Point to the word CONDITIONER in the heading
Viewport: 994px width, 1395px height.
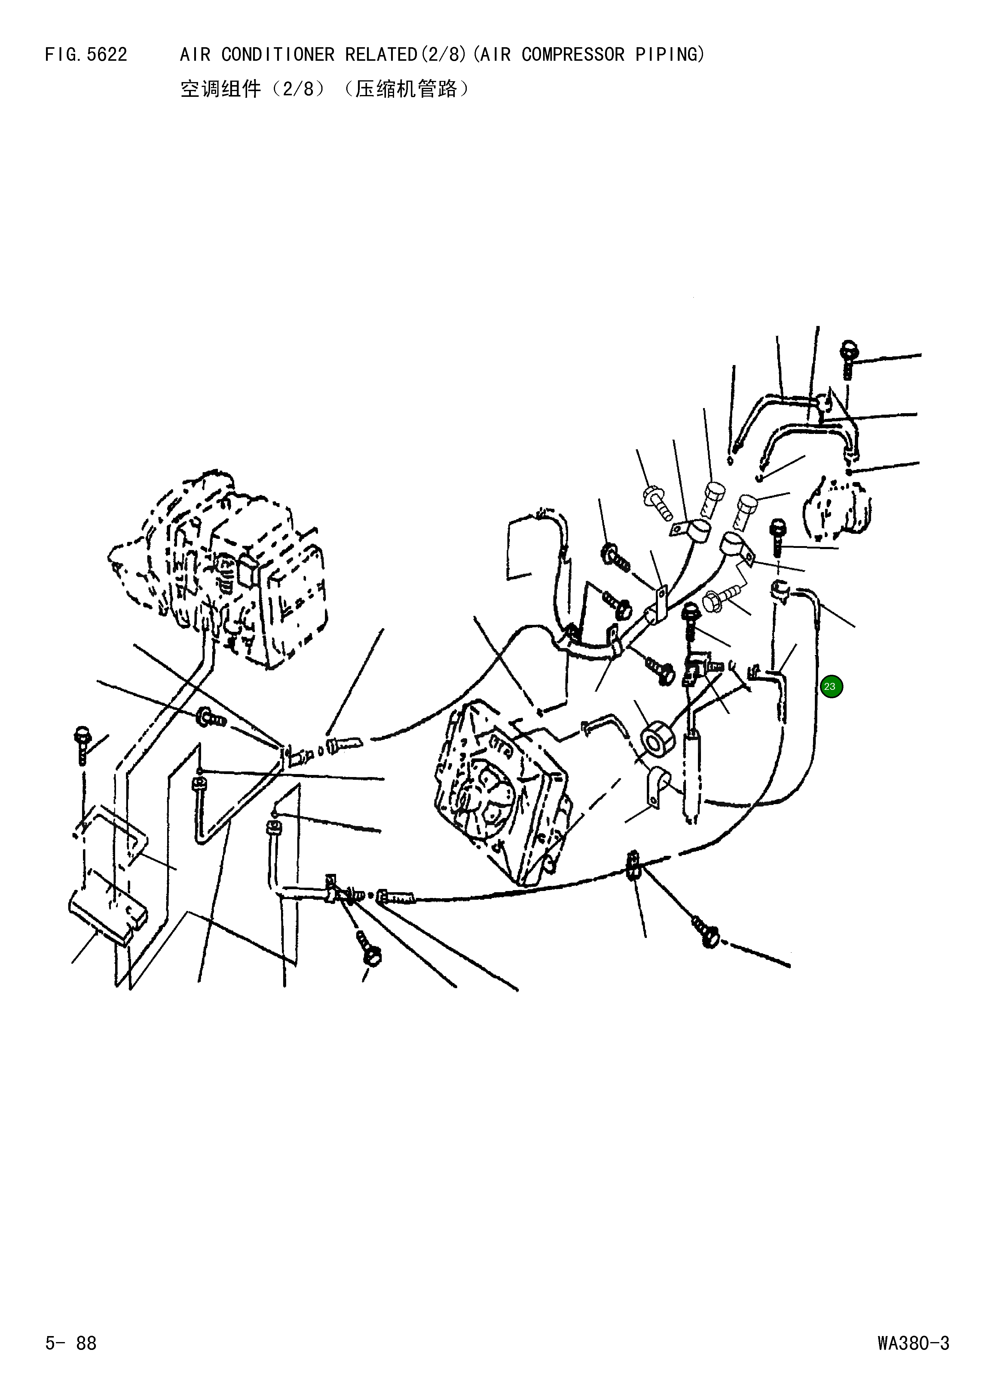click(x=278, y=55)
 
